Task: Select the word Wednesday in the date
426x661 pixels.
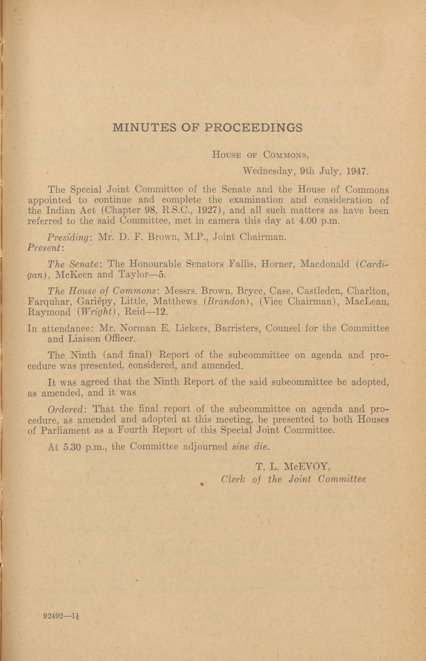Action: (270, 172)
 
